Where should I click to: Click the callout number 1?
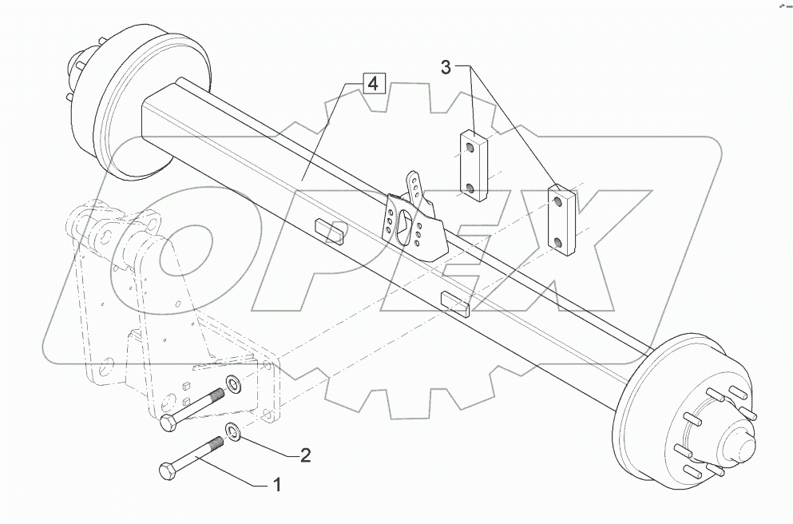pos(277,484)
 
